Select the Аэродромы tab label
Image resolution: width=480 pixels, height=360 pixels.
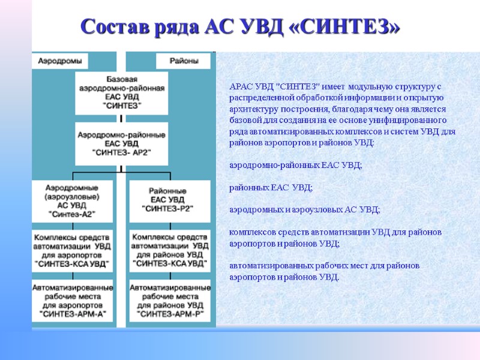60,61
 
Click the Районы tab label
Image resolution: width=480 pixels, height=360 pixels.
183,61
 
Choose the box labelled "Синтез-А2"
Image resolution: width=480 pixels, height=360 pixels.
73,200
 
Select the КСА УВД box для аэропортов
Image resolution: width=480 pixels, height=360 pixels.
73,250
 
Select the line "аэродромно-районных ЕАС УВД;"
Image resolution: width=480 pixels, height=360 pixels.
296,166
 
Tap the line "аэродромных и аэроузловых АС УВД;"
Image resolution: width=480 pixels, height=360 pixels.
305,209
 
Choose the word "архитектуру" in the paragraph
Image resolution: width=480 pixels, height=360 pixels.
255,109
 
